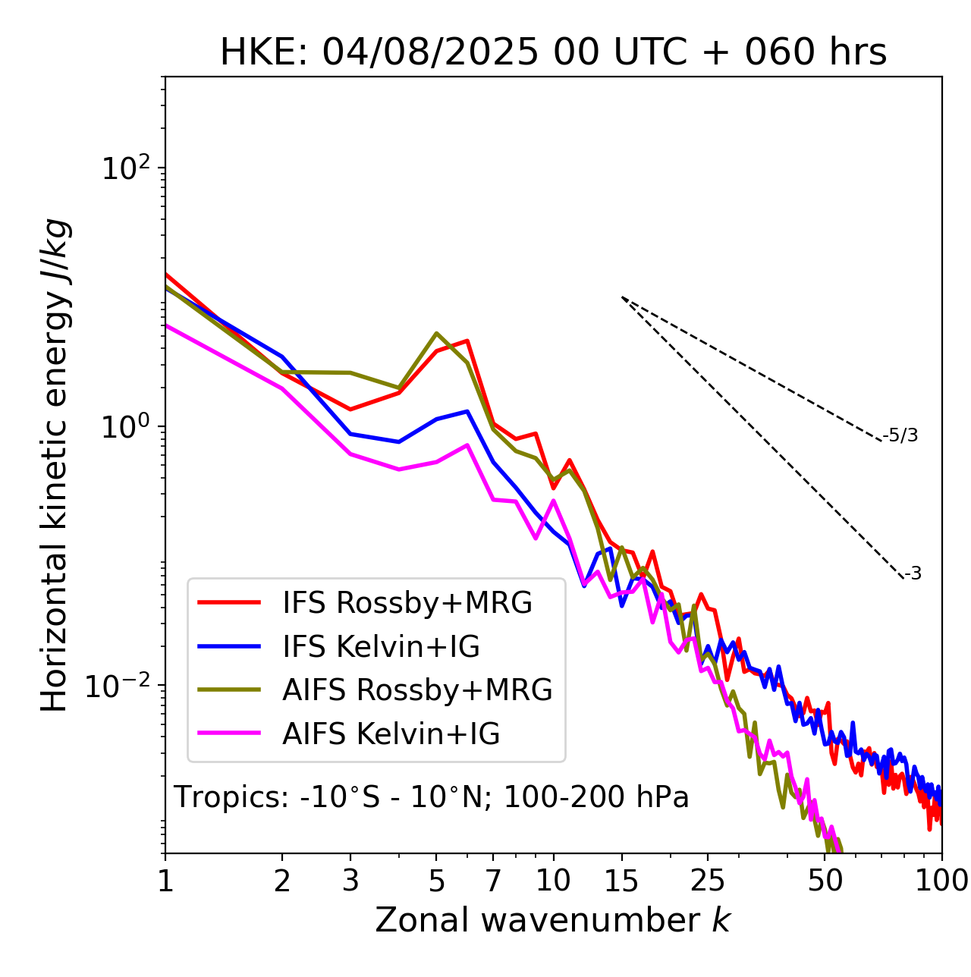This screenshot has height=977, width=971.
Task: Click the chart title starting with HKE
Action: (553, 52)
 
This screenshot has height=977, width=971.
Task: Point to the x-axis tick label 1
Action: (165, 881)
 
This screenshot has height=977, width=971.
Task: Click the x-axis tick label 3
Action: (350, 881)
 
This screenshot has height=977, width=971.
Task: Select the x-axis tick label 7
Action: (493, 881)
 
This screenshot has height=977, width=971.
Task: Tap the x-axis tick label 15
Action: (621, 881)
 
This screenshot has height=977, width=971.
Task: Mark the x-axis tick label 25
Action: (708, 881)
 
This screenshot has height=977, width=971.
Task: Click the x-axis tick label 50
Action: (825, 881)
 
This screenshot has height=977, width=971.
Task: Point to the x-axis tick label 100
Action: (941, 881)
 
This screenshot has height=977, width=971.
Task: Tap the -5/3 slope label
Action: (900, 435)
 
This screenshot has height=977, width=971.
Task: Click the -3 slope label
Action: (913, 574)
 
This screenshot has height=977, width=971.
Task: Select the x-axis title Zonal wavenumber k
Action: (552, 920)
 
